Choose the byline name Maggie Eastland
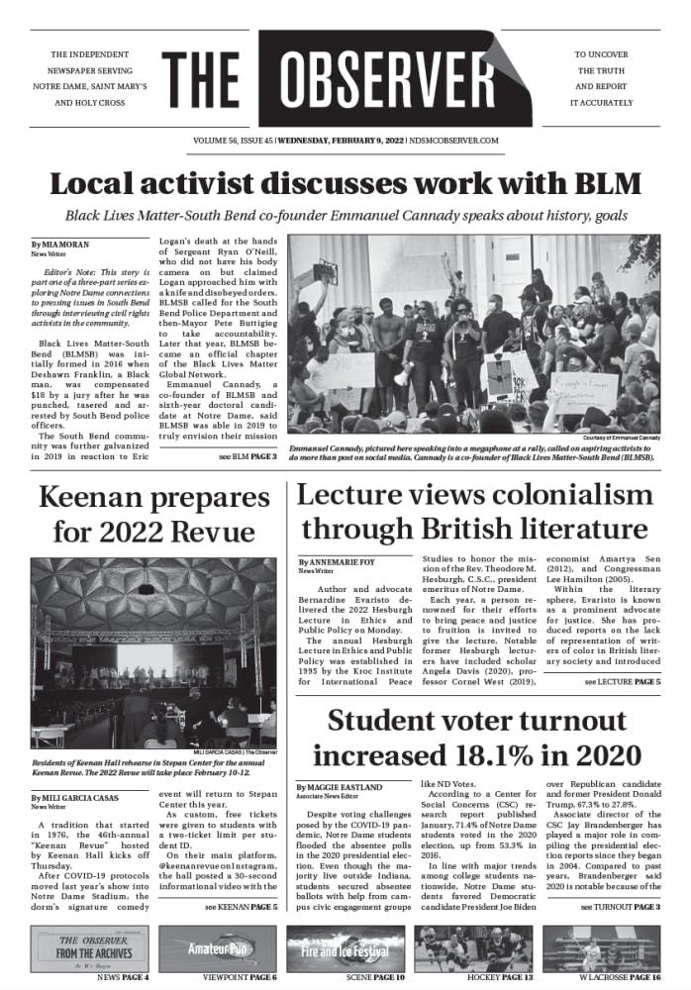click(338, 787)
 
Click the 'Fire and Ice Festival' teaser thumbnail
click(345, 948)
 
